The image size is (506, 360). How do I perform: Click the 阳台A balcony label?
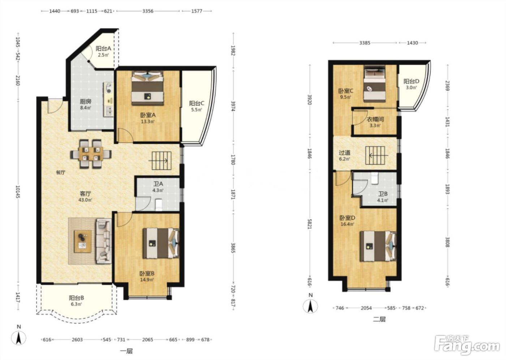tap(103, 48)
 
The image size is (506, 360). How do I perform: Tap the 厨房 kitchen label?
tap(86, 102)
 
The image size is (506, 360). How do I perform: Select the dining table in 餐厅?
tap(91, 154)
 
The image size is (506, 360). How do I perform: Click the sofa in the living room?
tap(104, 241)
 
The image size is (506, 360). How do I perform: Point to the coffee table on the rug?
tap(83, 241)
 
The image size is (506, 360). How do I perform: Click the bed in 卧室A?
tap(147, 88)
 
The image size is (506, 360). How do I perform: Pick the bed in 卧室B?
tap(161, 243)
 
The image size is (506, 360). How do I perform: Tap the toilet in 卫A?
tap(159, 204)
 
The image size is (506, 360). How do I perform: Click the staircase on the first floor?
tap(161, 160)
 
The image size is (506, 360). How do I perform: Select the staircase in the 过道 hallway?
tap(375, 155)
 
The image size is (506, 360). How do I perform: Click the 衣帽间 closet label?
tap(375, 119)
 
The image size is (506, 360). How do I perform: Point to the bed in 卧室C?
tap(374, 84)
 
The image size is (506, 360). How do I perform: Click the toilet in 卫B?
tap(375, 179)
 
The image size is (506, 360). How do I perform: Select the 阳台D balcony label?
tap(411, 81)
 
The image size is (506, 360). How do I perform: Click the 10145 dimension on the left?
tap(18, 192)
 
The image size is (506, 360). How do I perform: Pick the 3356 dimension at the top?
tap(148, 11)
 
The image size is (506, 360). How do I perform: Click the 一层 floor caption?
tap(126, 351)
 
